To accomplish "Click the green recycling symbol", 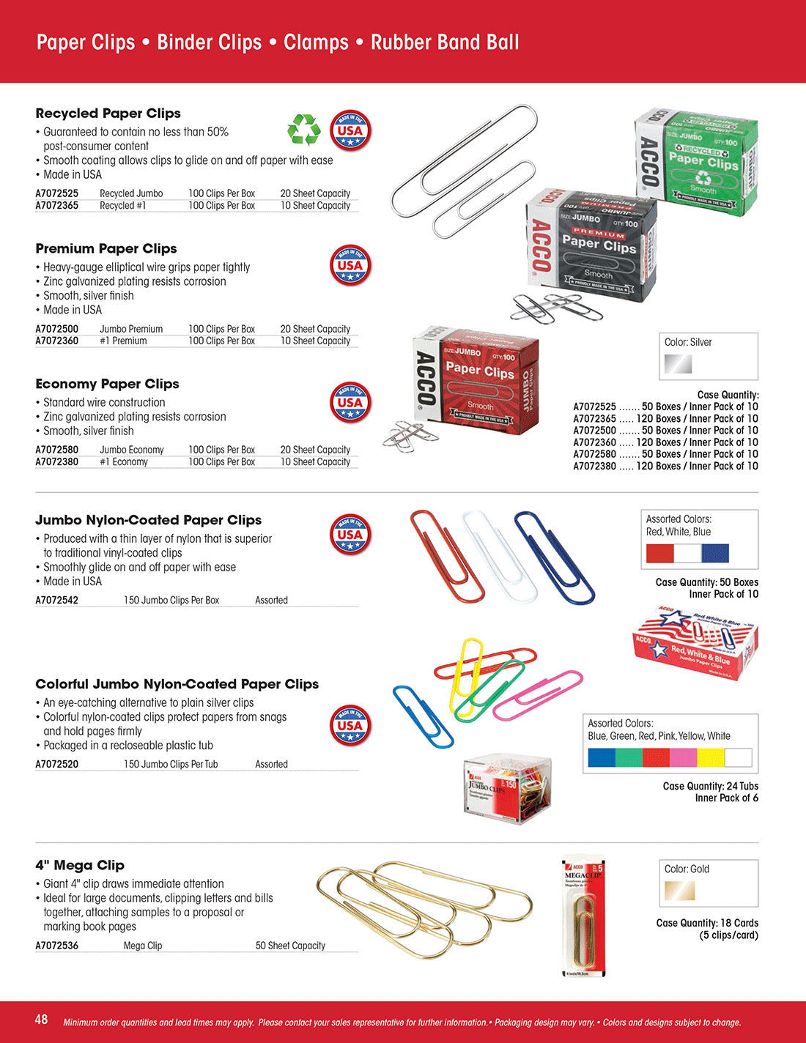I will [304, 130].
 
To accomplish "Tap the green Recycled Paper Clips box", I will [696, 163].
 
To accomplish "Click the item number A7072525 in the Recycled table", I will [57, 193].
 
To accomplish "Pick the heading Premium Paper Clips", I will [106, 249].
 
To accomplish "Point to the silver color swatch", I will [678, 363].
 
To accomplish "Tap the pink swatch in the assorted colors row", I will [684, 757].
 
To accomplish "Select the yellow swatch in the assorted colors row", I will [711, 757].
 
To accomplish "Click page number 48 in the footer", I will [42, 1020].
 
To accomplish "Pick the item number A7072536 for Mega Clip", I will [57, 946].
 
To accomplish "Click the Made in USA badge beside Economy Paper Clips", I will [350, 403].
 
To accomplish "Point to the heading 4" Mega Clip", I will [80, 865].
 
